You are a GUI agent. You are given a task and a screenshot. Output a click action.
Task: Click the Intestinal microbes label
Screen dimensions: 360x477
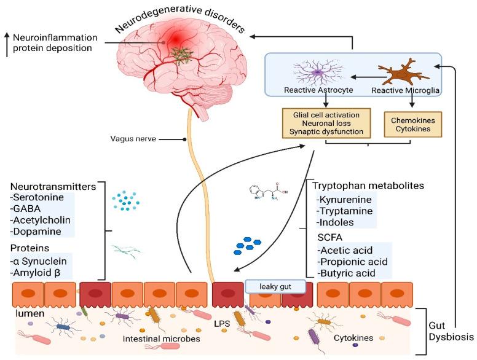point(149,338)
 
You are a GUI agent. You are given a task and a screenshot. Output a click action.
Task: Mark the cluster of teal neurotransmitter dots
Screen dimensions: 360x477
point(126,202)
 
